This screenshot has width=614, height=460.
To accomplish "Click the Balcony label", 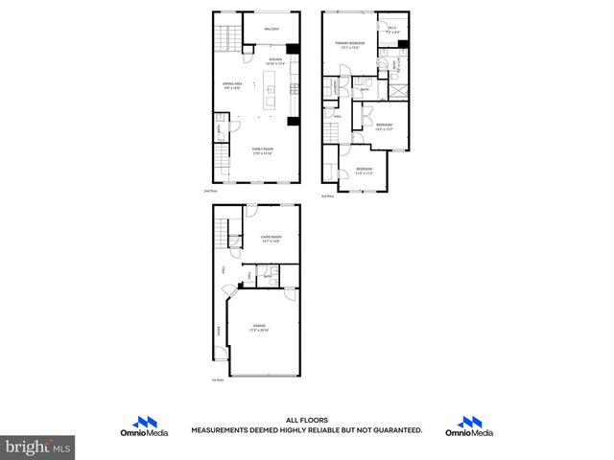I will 272,30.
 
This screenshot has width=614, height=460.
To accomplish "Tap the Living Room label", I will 271,240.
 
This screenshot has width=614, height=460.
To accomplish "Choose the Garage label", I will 260,328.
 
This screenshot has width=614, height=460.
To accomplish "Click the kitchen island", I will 271,92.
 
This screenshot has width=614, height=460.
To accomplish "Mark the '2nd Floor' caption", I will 210,191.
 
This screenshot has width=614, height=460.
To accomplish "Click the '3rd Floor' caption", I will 327,195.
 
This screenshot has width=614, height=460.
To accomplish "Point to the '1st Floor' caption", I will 217,380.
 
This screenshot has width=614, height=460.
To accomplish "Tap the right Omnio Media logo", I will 468,426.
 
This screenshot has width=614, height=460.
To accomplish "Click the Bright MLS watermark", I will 38,447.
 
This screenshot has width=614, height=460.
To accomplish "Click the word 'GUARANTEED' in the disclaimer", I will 394,430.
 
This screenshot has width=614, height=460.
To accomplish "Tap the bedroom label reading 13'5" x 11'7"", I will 384,127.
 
